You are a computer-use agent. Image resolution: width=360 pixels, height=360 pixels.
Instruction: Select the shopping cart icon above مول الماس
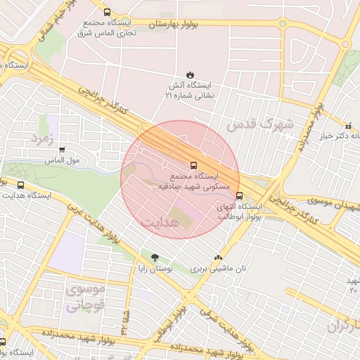pyautogui.click(x=63, y=150)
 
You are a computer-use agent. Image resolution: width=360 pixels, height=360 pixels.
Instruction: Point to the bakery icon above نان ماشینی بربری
pyautogui.click(x=219, y=257)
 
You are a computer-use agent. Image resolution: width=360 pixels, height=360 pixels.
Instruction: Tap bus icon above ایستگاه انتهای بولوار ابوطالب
pyautogui.click(x=240, y=196)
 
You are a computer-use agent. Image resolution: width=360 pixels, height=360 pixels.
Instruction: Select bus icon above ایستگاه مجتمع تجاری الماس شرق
pyautogui.click(x=107, y=12)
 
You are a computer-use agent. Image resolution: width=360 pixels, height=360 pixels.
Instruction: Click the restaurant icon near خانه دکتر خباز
pyautogui.click(x=348, y=125)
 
